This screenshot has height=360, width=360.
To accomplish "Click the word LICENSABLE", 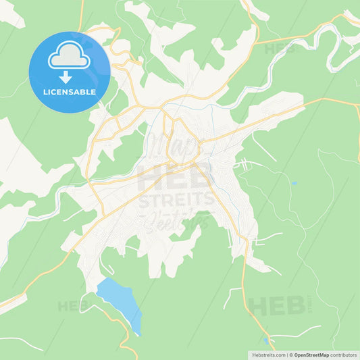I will point(70,92).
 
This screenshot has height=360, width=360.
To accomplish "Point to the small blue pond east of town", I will point(294,183).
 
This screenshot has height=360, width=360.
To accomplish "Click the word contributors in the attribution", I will point(342,354).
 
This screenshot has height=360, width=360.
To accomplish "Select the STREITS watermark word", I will point(177,201).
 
